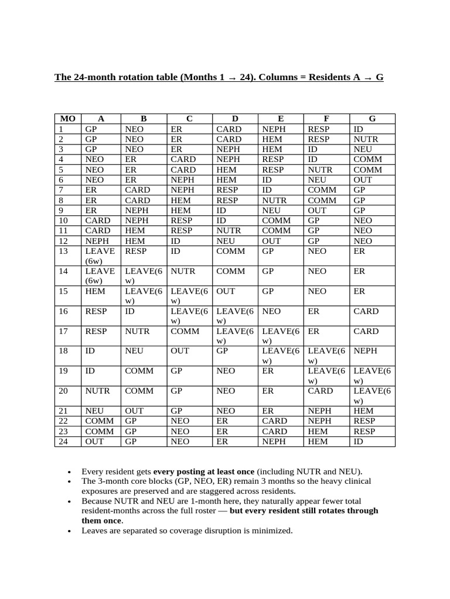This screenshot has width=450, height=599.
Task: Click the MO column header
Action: (x=68, y=119)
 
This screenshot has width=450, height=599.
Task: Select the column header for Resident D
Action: (x=235, y=119)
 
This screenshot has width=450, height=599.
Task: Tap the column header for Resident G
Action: (x=372, y=119)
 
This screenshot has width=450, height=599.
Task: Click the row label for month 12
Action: (x=64, y=240)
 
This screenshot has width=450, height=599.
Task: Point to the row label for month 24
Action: (x=64, y=441)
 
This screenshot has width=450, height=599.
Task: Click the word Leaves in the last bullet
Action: (x=94, y=531)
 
